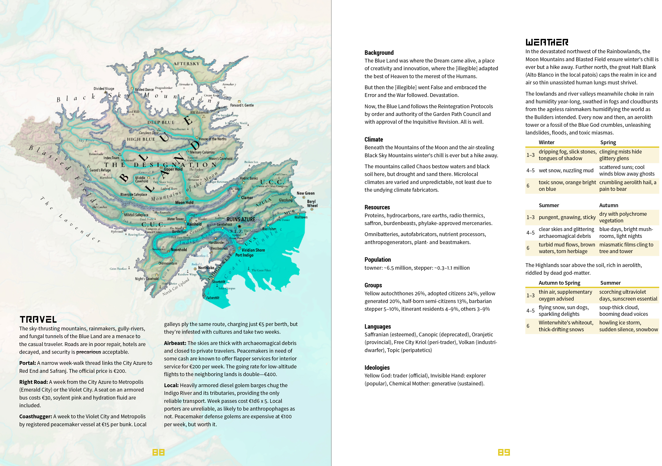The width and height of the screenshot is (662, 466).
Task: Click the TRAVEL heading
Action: [38, 319]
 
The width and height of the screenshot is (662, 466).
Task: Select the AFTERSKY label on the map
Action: [186, 64]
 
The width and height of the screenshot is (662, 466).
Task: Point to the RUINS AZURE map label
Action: [241, 220]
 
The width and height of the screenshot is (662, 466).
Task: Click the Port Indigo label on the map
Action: [244, 255]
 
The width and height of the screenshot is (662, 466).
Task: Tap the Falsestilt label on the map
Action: [213, 298]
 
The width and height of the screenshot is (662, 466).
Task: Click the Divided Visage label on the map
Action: [104, 89]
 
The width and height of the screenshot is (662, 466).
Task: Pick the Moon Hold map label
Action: [184, 203]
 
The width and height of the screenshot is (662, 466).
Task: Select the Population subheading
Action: [377, 260]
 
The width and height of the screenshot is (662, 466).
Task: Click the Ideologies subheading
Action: [377, 367]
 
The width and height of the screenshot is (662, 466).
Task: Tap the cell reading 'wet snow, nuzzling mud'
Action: [566, 170]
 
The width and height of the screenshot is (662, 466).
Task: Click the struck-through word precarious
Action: [88, 352]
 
